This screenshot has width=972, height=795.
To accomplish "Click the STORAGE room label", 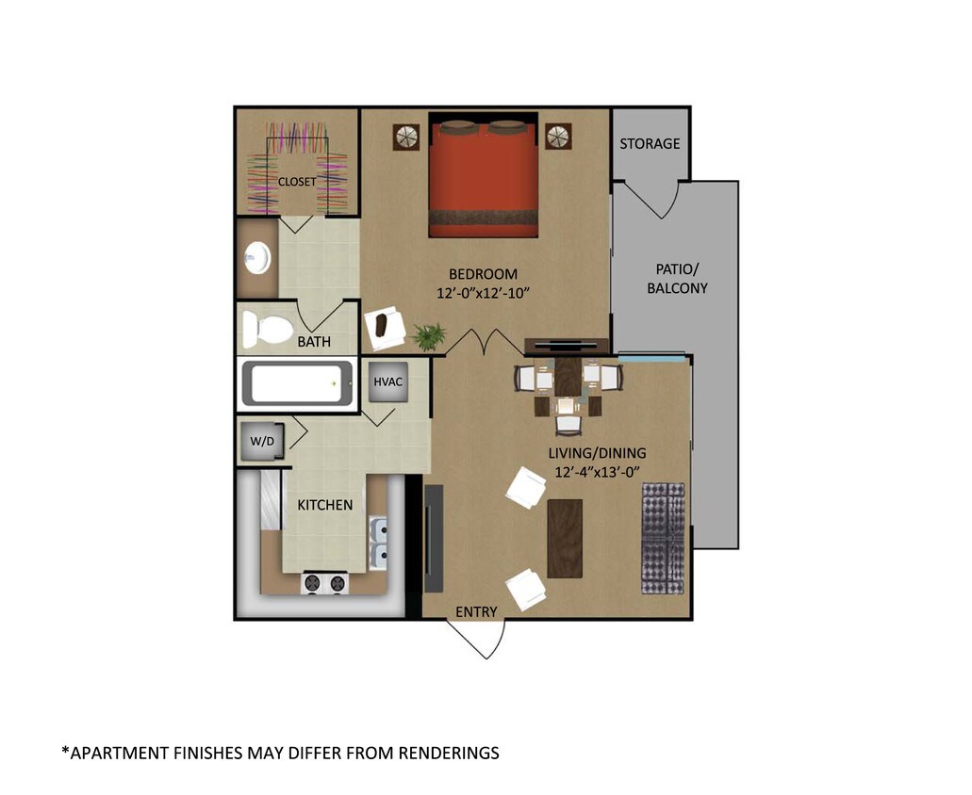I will coord(650,143).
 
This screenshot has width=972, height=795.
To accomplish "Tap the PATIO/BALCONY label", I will coord(677,279).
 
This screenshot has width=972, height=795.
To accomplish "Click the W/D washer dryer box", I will coord(261,441).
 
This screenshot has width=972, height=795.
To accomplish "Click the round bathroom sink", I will coord(256,255).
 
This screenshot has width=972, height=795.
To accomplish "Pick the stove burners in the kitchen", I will coord(324,584).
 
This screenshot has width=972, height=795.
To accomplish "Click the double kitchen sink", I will coord(380,543).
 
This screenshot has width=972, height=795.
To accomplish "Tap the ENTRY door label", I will coord(476,611).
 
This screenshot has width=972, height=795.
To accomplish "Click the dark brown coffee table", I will coord(564,539).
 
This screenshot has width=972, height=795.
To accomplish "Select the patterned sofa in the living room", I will coord(663,538).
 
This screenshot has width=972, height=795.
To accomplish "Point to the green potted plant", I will coord(430,335).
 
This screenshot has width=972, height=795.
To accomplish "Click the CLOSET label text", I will coord(296,181).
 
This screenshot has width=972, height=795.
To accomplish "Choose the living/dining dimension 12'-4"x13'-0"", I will coord(598,471).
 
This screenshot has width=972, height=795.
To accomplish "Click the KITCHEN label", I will coord(325,505).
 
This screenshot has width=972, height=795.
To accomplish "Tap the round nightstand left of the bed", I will coord(406,137).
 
